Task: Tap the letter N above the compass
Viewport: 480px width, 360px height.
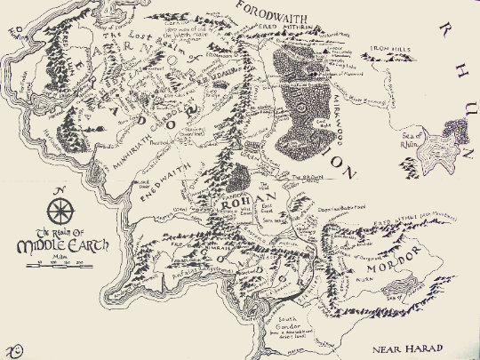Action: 60,192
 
